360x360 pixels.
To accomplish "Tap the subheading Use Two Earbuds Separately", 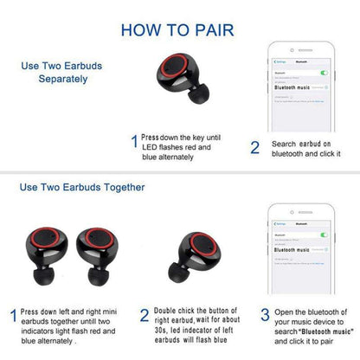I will (54, 72).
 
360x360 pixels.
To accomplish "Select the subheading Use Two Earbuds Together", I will (81, 186).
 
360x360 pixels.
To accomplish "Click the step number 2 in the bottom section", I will (144, 315).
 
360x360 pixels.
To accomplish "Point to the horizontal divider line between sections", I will (180, 170).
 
